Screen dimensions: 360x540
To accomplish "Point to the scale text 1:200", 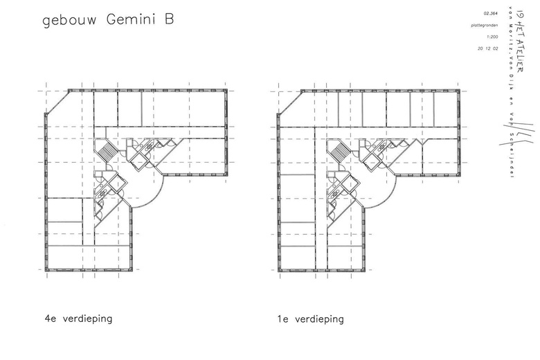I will (x=492, y=37).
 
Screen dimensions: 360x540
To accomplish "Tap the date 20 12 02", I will (x=489, y=49).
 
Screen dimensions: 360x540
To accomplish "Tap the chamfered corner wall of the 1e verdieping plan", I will (x=289, y=102).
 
